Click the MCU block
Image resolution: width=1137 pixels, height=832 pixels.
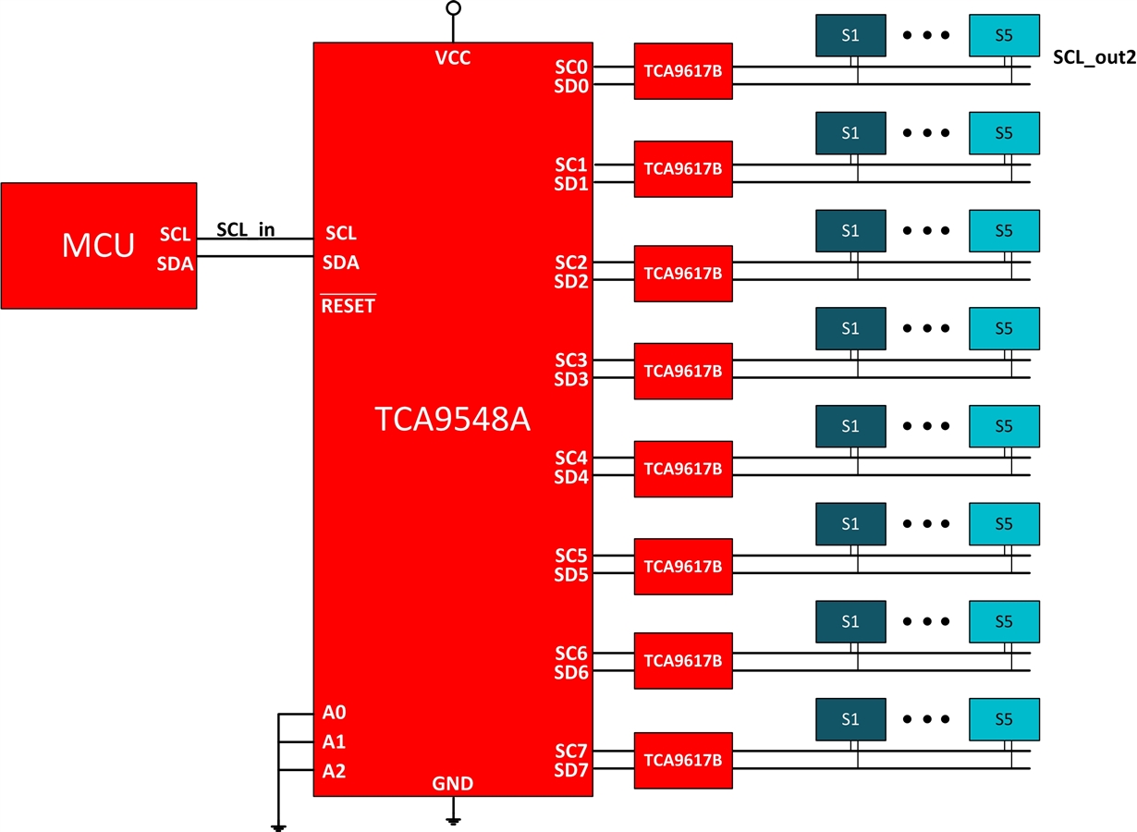point(98,246)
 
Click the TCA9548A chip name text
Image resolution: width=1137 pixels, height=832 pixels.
point(453,420)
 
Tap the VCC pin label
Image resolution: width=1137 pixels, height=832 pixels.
point(453,58)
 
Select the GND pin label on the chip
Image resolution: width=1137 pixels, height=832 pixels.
point(453,784)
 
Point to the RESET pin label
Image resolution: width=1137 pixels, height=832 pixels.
point(348,305)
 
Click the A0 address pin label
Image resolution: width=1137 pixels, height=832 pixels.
point(335,713)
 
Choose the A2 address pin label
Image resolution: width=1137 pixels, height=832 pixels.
point(335,771)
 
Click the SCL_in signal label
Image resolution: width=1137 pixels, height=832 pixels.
point(245,229)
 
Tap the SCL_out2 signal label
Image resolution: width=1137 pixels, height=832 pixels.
point(1094,57)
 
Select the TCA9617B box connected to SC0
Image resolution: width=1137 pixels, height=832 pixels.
point(683,71)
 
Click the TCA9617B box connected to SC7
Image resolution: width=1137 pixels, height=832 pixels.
point(683,760)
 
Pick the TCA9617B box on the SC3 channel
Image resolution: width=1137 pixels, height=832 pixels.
point(683,371)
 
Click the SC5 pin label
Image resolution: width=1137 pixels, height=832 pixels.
point(571,556)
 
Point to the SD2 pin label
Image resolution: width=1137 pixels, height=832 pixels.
point(571,281)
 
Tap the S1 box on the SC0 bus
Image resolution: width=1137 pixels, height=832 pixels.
point(850,35)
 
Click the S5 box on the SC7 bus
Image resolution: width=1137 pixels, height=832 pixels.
point(1004,718)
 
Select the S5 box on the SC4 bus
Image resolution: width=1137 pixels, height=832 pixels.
point(1004,426)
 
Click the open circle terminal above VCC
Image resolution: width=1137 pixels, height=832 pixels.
point(453,8)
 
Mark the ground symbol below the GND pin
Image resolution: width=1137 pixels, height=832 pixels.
point(453,819)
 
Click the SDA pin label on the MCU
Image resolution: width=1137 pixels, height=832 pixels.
point(176,263)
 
